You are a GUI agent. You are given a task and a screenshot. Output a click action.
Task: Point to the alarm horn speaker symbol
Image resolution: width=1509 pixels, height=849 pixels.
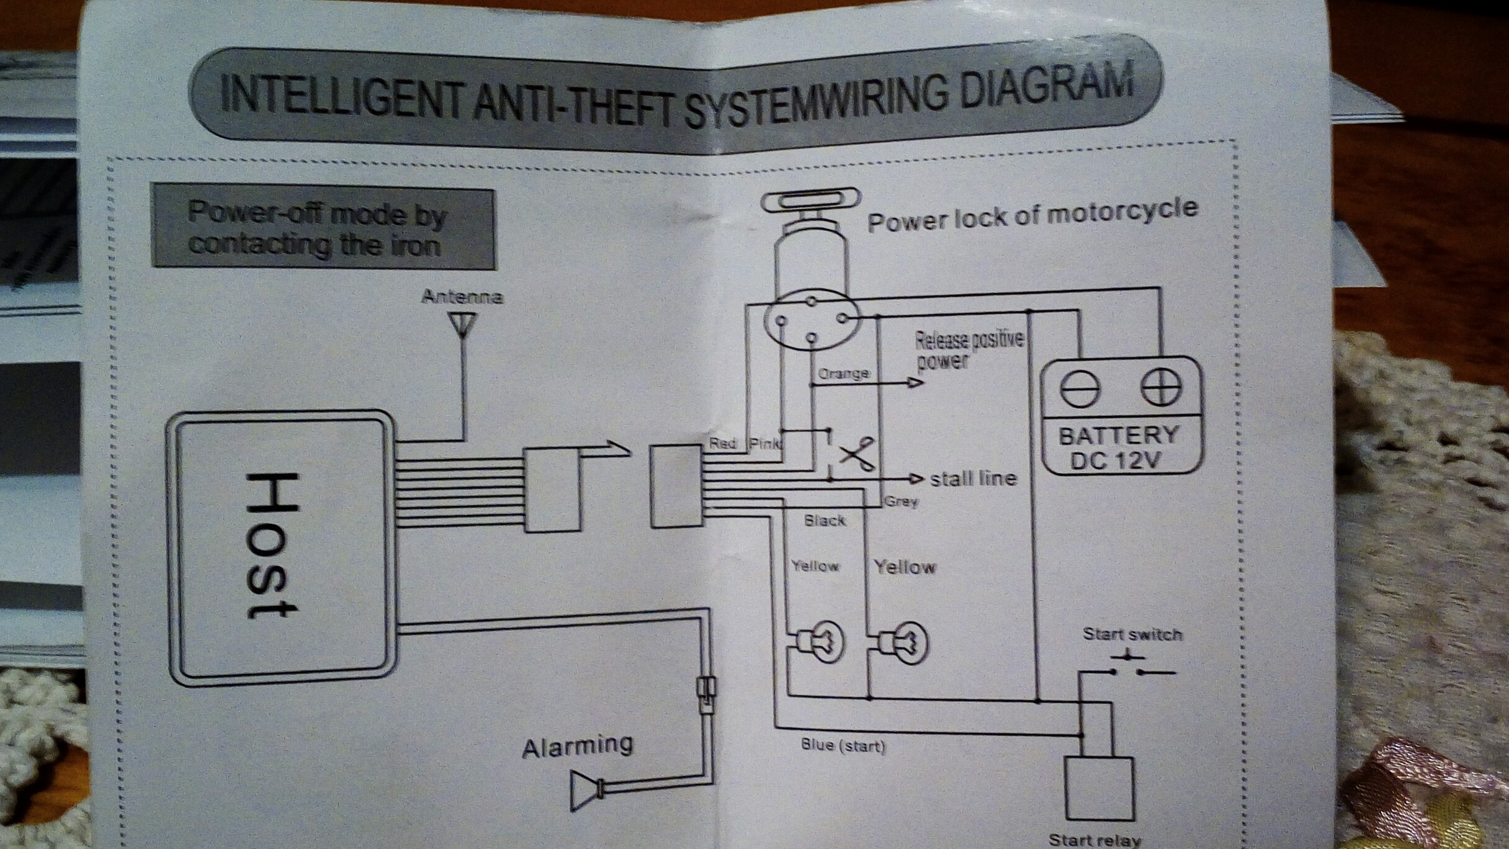pyautogui.click(x=586, y=791)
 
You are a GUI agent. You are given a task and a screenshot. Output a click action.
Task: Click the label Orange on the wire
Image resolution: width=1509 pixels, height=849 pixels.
pyautogui.click(x=844, y=374)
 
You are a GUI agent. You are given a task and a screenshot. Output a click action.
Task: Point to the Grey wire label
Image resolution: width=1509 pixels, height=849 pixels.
pyautogui.click(x=902, y=501)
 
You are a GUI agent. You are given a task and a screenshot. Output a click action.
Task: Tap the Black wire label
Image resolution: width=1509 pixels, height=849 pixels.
pyautogui.click(x=825, y=520)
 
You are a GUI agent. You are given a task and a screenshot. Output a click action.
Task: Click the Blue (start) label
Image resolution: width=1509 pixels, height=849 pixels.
pyautogui.click(x=843, y=745)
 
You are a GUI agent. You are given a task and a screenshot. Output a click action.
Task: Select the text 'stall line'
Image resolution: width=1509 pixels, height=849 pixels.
pyautogui.click(x=974, y=478)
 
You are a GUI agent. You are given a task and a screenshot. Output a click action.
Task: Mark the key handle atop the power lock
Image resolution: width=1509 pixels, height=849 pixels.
pyautogui.click(x=810, y=202)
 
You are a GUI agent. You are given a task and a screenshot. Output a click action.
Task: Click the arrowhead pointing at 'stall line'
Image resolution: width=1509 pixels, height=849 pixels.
pyautogui.click(x=916, y=478)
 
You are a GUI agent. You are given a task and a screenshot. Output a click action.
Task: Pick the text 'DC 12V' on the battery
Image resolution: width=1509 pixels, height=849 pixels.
pyautogui.click(x=1116, y=460)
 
